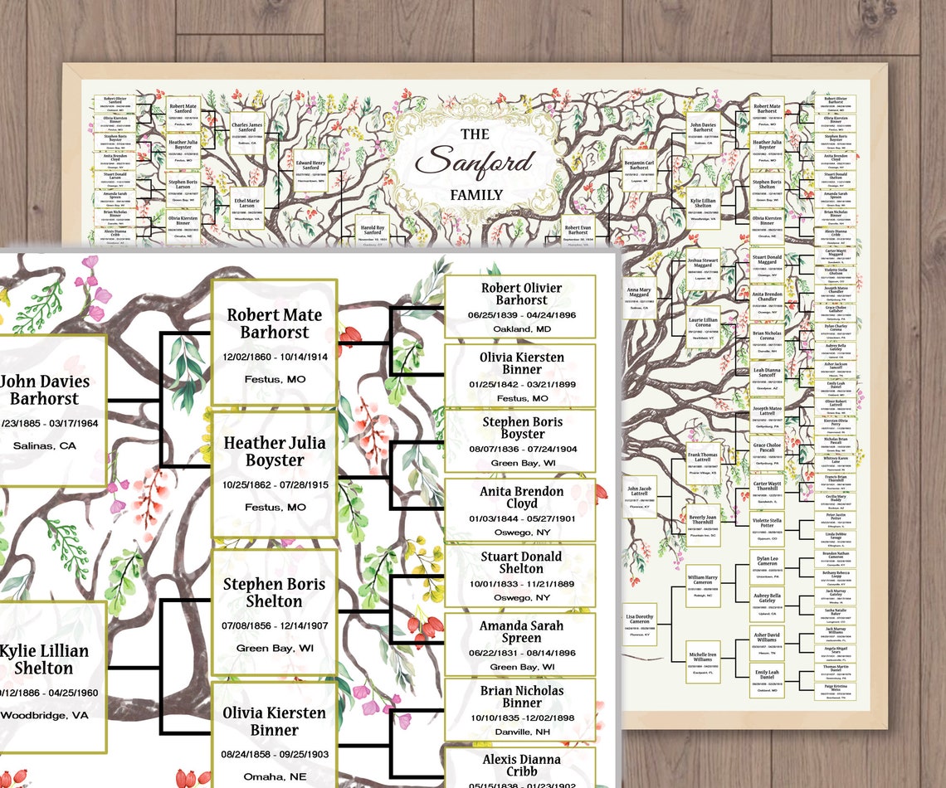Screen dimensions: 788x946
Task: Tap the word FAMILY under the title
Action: [476, 195]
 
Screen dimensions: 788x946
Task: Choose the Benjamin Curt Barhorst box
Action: [639, 170]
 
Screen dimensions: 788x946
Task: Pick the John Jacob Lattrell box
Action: [640, 497]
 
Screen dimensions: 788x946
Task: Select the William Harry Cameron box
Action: [703, 586]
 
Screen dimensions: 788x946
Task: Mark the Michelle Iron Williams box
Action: [703, 659]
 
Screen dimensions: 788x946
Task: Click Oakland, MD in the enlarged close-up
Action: [520, 328]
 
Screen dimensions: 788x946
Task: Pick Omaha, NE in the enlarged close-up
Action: [274, 776]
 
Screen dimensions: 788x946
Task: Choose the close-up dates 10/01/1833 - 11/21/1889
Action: [520, 583]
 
